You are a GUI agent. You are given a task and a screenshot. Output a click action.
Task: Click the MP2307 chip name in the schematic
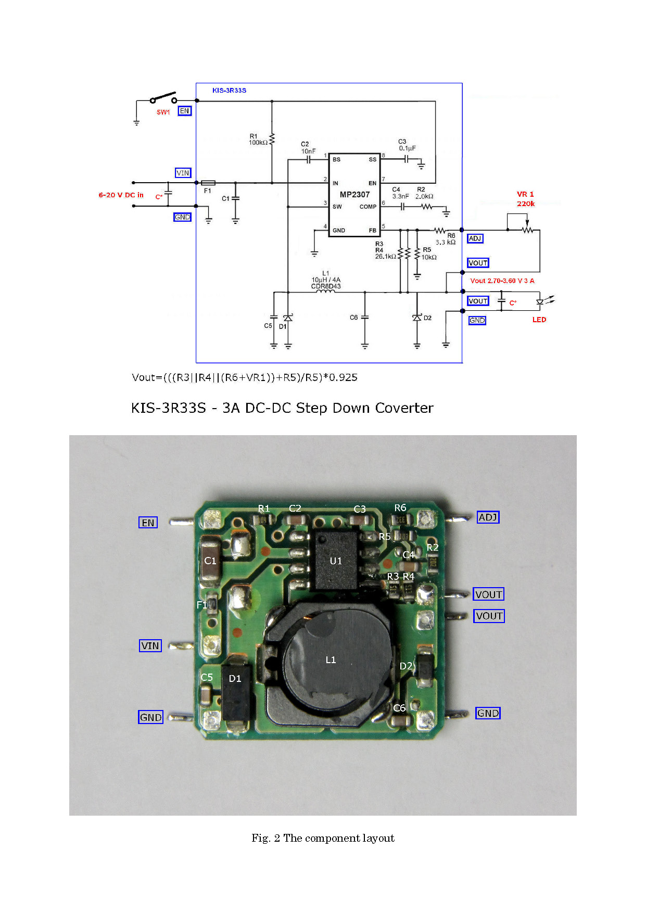(354, 195)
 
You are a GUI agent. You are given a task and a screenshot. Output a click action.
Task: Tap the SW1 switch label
(163, 112)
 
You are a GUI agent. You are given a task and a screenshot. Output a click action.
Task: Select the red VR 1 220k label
(525, 199)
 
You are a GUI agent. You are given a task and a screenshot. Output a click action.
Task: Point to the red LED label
(539, 320)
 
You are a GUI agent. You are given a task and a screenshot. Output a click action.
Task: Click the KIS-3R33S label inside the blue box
(229, 91)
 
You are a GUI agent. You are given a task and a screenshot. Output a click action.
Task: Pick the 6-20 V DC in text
(121, 195)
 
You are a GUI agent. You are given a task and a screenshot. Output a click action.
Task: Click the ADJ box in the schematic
(475, 238)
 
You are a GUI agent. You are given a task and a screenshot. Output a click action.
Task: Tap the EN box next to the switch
(184, 111)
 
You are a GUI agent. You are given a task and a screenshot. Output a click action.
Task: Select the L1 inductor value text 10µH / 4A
(326, 280)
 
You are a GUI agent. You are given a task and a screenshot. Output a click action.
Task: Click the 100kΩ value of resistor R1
(258, 143)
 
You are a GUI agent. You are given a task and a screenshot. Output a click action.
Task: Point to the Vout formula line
(245, 377)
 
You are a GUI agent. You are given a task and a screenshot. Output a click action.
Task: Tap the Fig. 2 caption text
(323, 838)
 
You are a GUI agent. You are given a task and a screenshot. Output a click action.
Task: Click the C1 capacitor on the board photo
(210, 561)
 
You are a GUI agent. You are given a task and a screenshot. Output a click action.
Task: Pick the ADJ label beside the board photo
(488, 517)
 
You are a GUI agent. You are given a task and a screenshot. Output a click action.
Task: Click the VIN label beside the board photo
(150, 646)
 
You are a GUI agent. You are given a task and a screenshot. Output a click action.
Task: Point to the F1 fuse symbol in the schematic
(208, 183)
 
